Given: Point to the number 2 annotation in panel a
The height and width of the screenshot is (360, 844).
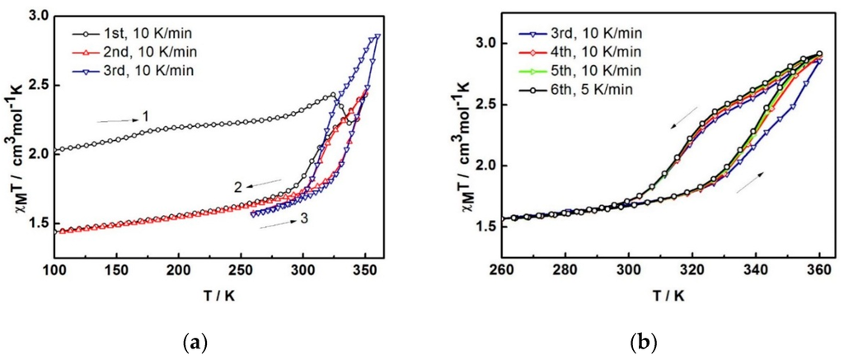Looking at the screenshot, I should tap(236, 187).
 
